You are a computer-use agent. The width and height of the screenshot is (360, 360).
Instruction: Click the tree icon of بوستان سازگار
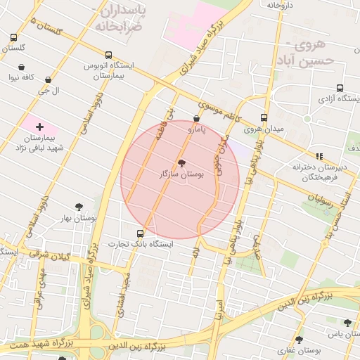(x=182, y=163)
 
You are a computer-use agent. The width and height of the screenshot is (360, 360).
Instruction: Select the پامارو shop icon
(x=196, y=120)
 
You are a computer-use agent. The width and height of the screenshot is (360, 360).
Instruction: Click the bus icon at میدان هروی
(x=264, y=118)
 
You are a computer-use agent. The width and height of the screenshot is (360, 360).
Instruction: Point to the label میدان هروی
(x=262, y=129)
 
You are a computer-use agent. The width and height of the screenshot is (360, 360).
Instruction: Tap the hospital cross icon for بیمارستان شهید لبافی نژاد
(x=39, y=127)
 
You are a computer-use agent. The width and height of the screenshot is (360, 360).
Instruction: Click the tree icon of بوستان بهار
(x=79, y=207)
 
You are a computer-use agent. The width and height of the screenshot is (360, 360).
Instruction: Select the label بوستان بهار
(x=78, y=219)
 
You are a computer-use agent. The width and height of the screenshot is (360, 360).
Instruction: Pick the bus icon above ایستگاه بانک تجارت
(x=139, y=233)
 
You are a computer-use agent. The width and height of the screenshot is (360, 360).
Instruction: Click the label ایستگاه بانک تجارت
(x=138, y=244)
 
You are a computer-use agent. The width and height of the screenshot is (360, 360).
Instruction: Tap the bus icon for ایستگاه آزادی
(x=340, y=89)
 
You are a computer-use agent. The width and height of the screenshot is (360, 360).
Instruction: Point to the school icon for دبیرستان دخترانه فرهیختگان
(x=319, y=156)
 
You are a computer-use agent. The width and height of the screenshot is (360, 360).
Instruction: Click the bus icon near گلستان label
(x=13, y=37)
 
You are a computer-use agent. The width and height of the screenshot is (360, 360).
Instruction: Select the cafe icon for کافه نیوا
(x=22, y=67)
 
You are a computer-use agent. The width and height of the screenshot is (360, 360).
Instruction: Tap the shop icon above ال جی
(x=48, y=80)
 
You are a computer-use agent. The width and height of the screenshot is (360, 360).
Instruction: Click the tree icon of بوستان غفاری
(x=298, y=340)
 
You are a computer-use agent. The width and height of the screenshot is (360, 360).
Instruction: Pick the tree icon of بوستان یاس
(x=347, y=323)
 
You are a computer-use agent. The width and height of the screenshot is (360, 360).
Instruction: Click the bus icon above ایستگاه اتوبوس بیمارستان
(x=108, y=55)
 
